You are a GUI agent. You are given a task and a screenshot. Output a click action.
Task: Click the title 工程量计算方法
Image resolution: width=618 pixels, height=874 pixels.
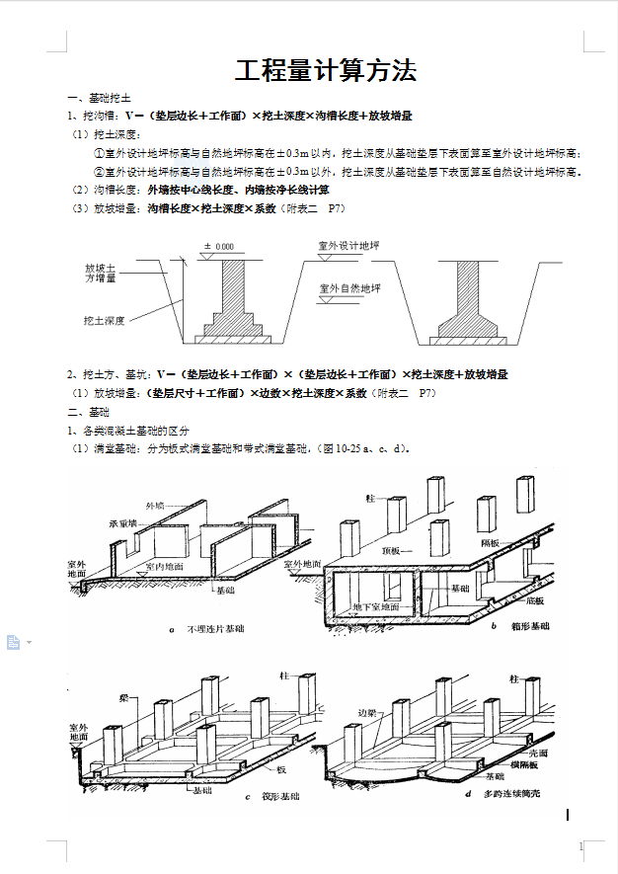[x=325, y=70]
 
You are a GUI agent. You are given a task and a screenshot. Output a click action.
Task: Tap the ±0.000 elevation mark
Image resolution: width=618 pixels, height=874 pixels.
[x=219, y=246]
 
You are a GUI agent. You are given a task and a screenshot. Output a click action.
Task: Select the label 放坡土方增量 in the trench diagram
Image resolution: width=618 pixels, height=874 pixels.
[x=101, y=274]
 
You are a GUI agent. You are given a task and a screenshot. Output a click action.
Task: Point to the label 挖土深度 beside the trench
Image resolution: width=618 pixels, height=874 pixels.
[x=104, y=321]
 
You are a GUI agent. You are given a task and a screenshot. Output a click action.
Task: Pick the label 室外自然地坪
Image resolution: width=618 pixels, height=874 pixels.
[x=348, y=288]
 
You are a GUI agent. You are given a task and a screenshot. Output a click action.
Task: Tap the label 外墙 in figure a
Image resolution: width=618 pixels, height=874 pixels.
[x=156, y=506]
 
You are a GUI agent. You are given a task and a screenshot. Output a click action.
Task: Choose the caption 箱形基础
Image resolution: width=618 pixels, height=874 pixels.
[x=531, y=626]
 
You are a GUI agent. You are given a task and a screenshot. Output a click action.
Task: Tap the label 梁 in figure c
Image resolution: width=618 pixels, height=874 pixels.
[x=124, y=697]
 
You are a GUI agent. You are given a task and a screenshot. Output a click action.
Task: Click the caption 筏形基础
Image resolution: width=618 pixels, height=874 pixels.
[x=280, y=796]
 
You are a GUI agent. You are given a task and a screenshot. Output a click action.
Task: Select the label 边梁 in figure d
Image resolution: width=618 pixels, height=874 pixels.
[x=371, y=712]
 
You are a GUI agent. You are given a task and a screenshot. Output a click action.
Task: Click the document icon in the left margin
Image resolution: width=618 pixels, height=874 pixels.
[x=14, y=642]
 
